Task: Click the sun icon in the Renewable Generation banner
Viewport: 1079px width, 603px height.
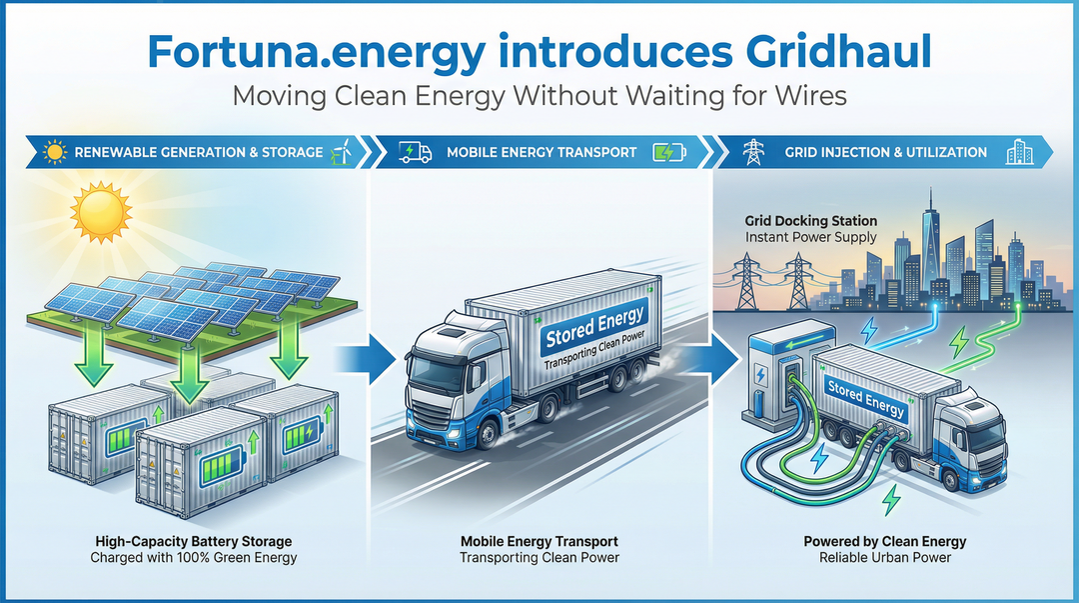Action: [x=55, y=152]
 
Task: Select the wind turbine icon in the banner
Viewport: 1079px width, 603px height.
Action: [x=340, y=152]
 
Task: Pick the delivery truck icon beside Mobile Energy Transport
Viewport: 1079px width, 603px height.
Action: [x=415, y=152]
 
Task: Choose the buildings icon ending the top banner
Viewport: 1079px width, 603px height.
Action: [x=1018, y=152]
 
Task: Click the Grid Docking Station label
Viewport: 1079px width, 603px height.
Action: [x=811, y=220]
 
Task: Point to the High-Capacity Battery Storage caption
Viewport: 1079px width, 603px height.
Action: [x=194, y=541]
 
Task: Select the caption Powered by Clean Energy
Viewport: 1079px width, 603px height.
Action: [x=885, y=541]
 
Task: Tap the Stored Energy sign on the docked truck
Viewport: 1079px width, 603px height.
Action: [x=865, y=398]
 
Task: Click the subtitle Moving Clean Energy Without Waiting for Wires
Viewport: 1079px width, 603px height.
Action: [x=539, y=97]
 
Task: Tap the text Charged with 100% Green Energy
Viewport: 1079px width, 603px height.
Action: [x=194, y=557]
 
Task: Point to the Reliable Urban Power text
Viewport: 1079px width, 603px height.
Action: [x=885, y=557]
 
